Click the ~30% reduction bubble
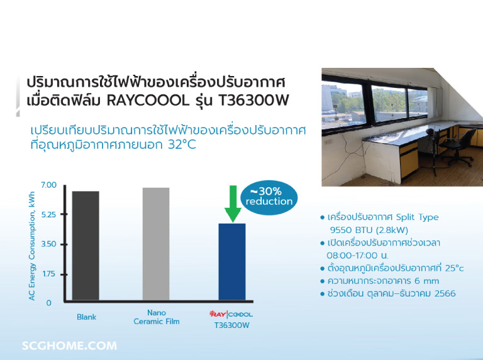click(x=269, y=196)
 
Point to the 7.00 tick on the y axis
click(x=48, y=185)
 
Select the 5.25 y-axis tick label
click(x=48, y=214)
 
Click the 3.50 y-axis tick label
click(x=48, y=244)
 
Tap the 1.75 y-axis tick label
click(x=48, y=274)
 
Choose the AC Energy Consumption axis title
click(x=31, y=246)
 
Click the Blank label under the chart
click(x=86, y=317)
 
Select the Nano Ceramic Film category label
click(x=156, y=317)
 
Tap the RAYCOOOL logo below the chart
click(x=231, y=314)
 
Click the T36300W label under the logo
click(x=231, y=325)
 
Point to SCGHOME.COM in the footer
click(x=69, y=346)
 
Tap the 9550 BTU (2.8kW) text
click(x=364, y=229)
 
